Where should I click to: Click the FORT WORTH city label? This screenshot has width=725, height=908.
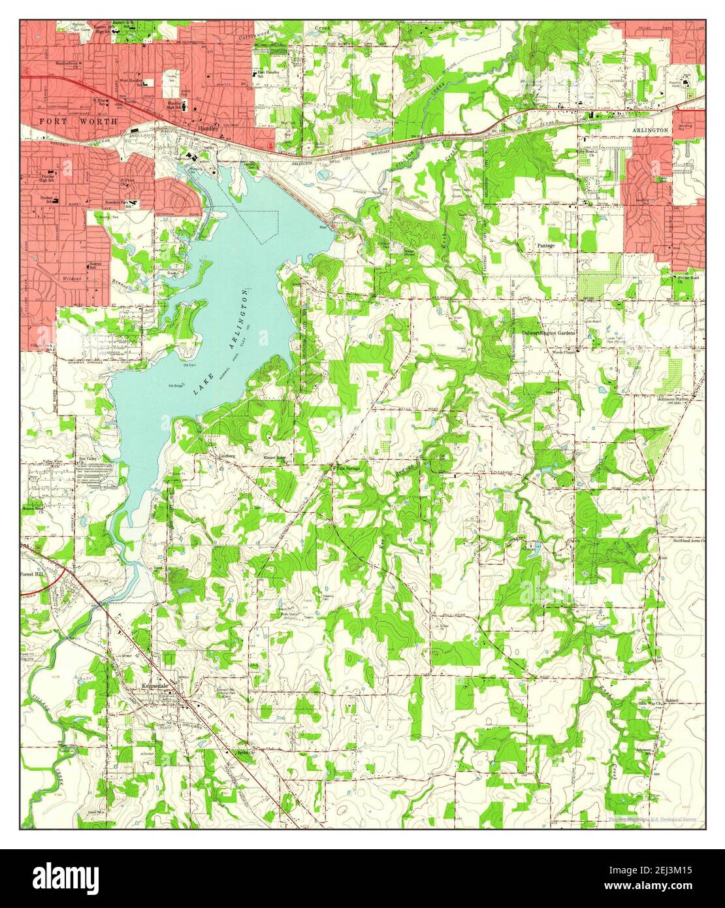point(78,122)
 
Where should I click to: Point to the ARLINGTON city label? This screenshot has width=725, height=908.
point(650,130)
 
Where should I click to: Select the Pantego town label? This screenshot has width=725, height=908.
point(545,245)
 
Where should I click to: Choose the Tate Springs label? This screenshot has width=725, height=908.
point(347,468)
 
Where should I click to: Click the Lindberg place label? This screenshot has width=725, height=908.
point(226,454)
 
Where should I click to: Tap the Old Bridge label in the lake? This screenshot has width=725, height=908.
point(176,385)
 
